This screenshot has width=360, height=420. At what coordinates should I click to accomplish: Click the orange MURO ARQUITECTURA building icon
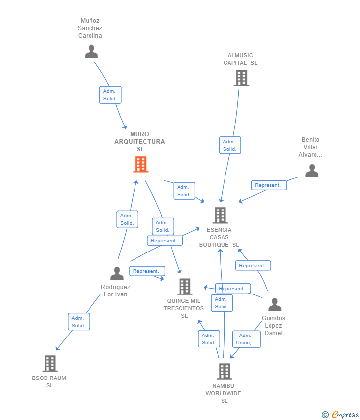pyautogui.click(x=141, y=165)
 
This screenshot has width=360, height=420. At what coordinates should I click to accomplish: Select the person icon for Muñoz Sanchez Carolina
pyautogui.click(x=91, y=51)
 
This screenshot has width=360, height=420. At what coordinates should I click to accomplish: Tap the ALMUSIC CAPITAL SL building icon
pyautogui.click(x=241, y=78)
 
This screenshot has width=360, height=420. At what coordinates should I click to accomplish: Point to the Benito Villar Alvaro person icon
pyautogui.click(x=312, y=170)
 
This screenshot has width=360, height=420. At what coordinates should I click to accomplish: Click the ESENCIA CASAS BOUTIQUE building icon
pyautogui.click(x=220, y=215)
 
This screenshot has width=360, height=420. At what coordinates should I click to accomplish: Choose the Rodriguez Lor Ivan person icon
pyautogui.click(x=117, y=273)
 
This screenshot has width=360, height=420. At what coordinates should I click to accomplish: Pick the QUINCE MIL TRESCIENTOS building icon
pyautogui.click(x=184, y=287)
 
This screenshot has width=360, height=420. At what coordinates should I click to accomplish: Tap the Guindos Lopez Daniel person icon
pyautogui.click(x=274, y=305)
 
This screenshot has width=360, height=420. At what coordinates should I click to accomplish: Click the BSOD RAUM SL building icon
pyautogui.click(x=50, y=364)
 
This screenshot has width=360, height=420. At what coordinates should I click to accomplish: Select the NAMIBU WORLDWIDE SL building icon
pyautogui.click(x=225, y=372)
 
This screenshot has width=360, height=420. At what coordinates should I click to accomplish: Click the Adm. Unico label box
pyautogui.click(x=246, y=339)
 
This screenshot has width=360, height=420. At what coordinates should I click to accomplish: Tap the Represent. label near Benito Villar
pyautogui.click(x=268, y=185)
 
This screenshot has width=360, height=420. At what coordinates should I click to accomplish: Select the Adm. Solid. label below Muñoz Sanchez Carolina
pyautogui.click(x=110, y=95)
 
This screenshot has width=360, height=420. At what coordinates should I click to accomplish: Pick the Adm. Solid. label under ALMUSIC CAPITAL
pyautogui.click(x=229, y=145)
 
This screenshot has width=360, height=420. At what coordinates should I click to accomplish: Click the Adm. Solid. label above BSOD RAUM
pyautogui.click(x=79, y=322)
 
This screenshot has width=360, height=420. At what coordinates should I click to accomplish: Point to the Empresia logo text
pyautogui.click(x=345, y=415)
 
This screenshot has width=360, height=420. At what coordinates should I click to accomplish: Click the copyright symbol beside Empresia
pyautogui.click(x=325, y=415)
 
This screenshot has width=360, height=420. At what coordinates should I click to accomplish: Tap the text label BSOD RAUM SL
pyautogui.click(x=49, y=381)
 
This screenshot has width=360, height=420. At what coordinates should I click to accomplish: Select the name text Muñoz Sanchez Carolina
pyautogui.click(x=90, y=28)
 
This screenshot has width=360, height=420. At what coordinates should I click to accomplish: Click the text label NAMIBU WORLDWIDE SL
pyautogui.click(x=224, y=393)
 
